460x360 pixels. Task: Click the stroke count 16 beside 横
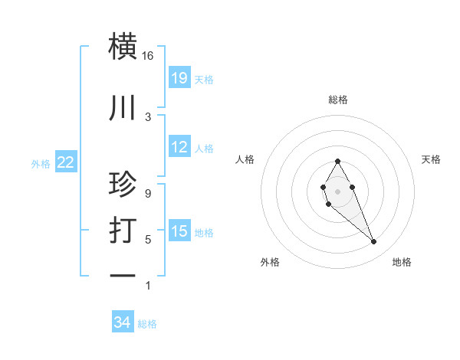148,56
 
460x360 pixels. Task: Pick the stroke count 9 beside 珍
148,193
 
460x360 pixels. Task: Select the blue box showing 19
179,77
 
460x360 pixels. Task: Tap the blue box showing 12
179,147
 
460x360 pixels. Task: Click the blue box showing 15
179,231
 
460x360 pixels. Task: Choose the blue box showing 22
66,162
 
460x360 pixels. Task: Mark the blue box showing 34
123,323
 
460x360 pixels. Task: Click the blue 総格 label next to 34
147,324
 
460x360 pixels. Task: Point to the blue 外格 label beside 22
41,163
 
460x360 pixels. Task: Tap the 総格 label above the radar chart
337,100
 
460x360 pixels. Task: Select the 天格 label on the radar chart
431,159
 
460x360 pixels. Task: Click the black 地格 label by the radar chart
402,262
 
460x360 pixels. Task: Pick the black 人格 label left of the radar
245,159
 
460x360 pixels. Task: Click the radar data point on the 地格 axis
373,242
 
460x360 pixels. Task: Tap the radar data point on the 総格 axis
337,161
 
